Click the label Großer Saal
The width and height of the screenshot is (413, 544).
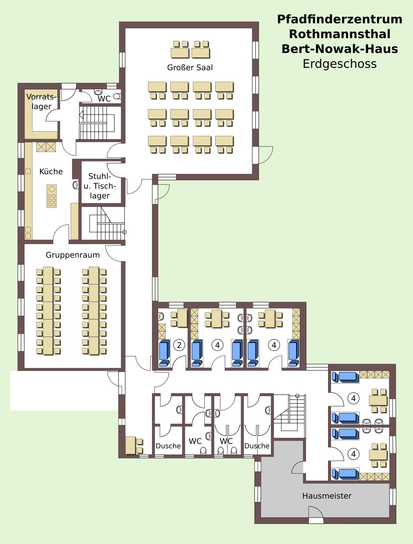190,67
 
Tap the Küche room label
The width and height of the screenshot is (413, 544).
51,172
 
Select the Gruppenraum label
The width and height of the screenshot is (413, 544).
73,255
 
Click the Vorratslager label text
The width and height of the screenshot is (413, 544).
42,101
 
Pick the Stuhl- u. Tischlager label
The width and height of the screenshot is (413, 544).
100,186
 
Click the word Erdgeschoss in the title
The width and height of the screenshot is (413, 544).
340,64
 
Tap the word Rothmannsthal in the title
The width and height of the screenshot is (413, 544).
340,34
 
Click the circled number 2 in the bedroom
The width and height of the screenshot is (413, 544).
179,345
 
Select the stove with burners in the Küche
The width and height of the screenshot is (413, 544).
52,196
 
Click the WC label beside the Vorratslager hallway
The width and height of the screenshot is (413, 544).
104,99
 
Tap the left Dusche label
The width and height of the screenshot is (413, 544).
168,446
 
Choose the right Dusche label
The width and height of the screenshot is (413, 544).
257,446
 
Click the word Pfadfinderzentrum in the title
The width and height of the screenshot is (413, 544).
340,19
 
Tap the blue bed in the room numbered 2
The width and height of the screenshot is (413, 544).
164,353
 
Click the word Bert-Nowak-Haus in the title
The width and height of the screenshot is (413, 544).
340,49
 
